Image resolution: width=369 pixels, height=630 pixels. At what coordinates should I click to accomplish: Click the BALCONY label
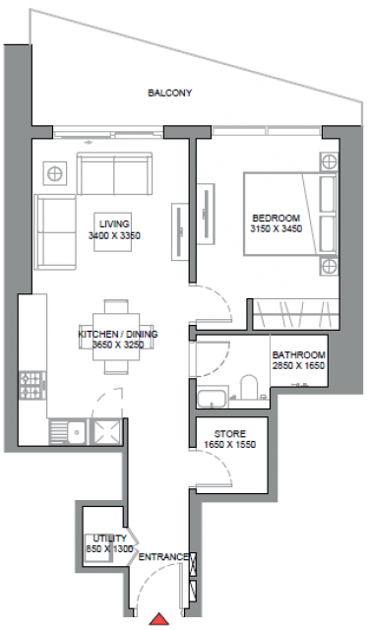169,93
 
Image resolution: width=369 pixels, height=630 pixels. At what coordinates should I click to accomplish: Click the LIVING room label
114,223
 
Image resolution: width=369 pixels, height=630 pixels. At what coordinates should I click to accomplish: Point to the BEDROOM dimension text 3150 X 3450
277,229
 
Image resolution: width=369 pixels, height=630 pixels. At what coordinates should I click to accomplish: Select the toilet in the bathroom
249,387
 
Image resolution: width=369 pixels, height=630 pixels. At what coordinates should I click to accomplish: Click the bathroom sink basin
212,397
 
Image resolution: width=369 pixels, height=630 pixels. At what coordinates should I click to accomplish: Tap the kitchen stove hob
32,385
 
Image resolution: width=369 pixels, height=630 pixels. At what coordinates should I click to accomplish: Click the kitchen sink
68,432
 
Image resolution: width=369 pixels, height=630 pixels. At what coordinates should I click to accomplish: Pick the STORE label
230,434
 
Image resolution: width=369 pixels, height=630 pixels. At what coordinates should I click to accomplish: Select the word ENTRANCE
163,557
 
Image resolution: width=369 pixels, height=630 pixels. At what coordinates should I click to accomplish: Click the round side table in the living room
54,174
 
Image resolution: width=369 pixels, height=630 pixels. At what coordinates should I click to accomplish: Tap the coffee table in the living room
113,232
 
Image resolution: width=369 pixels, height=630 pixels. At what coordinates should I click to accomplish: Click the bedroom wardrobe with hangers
296,314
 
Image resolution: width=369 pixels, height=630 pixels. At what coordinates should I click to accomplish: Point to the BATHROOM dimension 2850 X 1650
298,365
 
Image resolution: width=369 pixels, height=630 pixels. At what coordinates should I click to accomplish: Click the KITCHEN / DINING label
118,334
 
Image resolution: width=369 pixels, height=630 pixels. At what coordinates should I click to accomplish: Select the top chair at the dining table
116,306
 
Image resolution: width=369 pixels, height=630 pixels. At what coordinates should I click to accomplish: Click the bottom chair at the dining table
116,367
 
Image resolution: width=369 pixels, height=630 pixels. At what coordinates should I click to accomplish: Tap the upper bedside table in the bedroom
329,162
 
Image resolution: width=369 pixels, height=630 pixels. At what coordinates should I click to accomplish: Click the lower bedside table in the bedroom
329,266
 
